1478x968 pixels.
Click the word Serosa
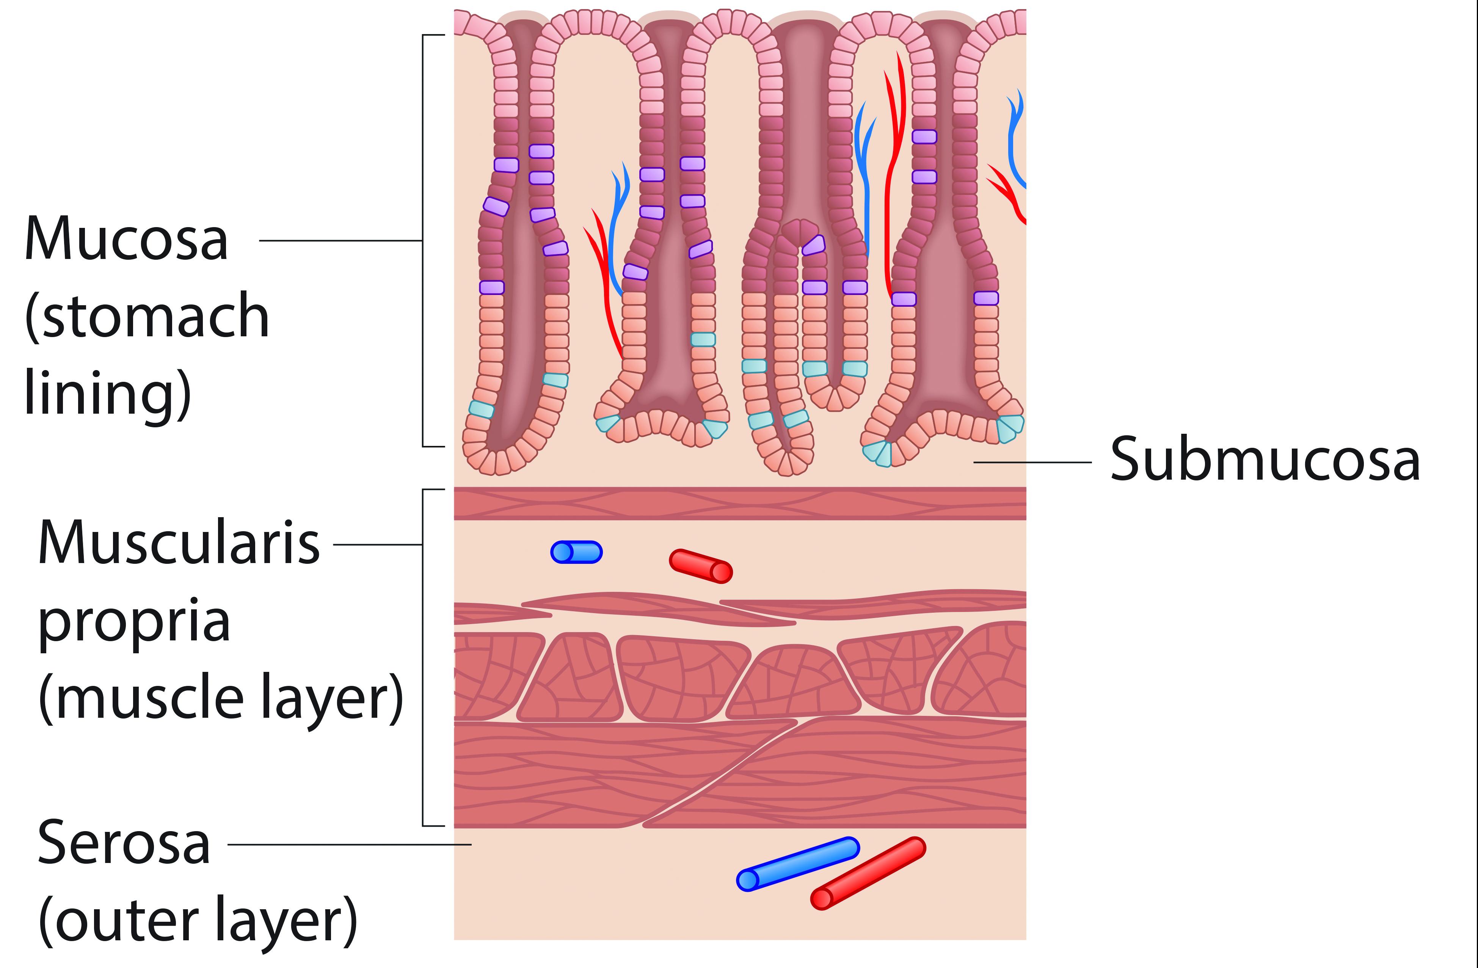click(x=124, y=843)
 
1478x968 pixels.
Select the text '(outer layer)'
click(x=198, y=922)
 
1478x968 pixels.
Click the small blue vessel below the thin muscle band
click(x=576, y=552)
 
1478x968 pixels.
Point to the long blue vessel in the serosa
click(x=798, y=864)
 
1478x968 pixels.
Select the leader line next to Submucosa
click(x=1032, y=462)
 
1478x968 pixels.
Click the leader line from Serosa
click(x=349, y=844)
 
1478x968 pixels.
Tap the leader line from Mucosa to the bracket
click(x=340, y=240)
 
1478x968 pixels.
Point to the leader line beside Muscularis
click(x=378, y=544)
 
